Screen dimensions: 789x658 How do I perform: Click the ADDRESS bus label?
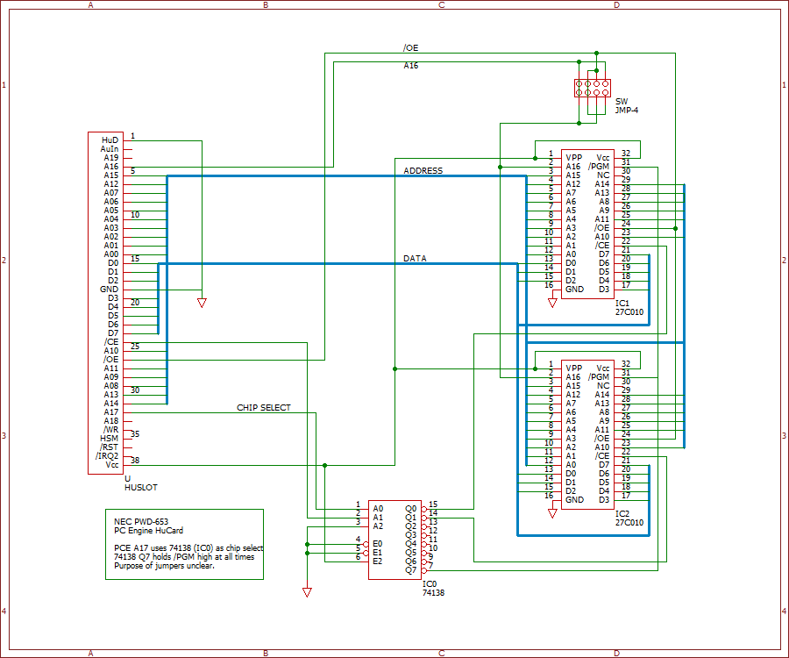tap(423, 171)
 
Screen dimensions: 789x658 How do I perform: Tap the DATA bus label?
tap(415, 258)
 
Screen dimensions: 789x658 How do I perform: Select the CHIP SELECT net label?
tap(264, 407)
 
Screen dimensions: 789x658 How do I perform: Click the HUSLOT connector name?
tap(141, 487)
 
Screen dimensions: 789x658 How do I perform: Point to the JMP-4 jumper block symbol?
tap(593, 88)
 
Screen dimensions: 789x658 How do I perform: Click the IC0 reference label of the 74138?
tap(430, 584)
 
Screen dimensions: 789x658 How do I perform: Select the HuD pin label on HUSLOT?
tap(110, 140)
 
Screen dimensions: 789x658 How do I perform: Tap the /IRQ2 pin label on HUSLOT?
tap(107, 455)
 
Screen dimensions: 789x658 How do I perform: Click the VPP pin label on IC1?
tap(573, 158)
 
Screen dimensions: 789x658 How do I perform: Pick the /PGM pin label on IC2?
tap(599, 376)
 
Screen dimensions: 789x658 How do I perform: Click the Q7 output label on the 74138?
tap(410, 570)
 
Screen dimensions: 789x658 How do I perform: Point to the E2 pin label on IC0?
tap(377, 561)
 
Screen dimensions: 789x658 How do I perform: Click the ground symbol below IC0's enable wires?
tap(307, 592)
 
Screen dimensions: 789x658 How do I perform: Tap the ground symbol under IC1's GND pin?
tap(552, 303)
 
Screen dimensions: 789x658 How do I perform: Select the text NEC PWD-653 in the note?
tap(141, 521)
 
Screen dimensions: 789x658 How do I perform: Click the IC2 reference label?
tap(622, 513)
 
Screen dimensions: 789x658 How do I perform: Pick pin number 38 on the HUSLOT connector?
tap(135, 460)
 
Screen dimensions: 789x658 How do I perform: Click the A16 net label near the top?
tap(410, 66)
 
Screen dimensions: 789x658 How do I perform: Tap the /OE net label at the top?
tap(410, 48)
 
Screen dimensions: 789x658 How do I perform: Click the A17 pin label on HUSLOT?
tap(111, 411)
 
